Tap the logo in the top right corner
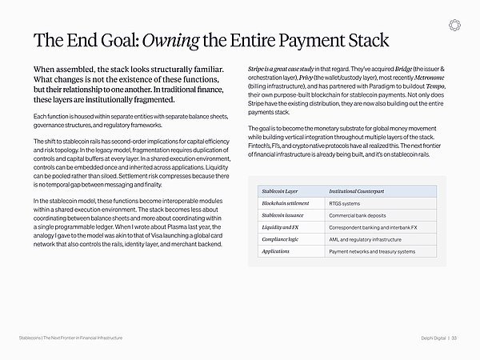pos(455,25)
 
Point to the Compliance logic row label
pos(281,239)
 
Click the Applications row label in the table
pos(275,251)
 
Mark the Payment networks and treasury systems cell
pos(372,251)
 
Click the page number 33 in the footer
pos(454,338)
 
